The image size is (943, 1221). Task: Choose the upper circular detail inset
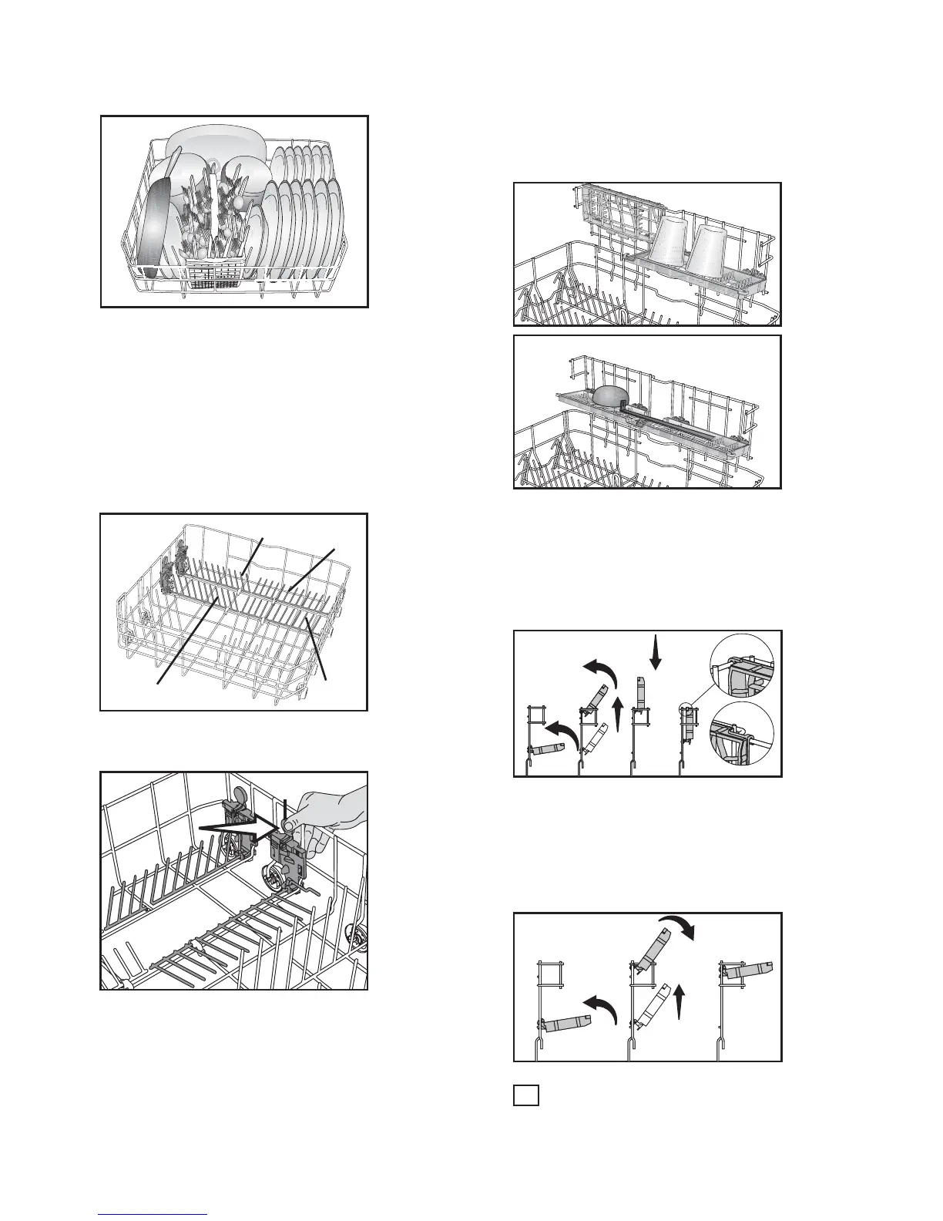742,666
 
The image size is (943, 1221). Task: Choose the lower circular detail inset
742,735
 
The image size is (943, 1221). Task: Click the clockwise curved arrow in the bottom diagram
682,929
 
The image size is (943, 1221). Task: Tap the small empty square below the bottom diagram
525,1095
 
